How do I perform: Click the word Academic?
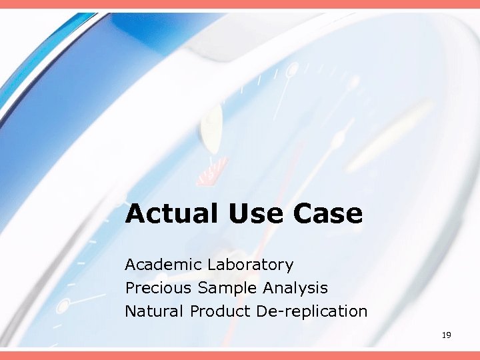tap(163, 265)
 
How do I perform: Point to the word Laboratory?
tap(250, 265)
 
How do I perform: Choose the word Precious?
tap(158, 288)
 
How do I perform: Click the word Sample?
tap(227, 289)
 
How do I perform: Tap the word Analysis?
tap(295, 289)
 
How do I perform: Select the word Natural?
tap(155, 311)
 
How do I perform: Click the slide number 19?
tap(446, 335)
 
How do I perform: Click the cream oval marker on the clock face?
tap(212, 127)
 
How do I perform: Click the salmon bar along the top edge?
tap(240, 4)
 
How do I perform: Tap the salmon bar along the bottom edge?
tap(240, 355)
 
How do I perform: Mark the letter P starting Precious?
tap(129, 288)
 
